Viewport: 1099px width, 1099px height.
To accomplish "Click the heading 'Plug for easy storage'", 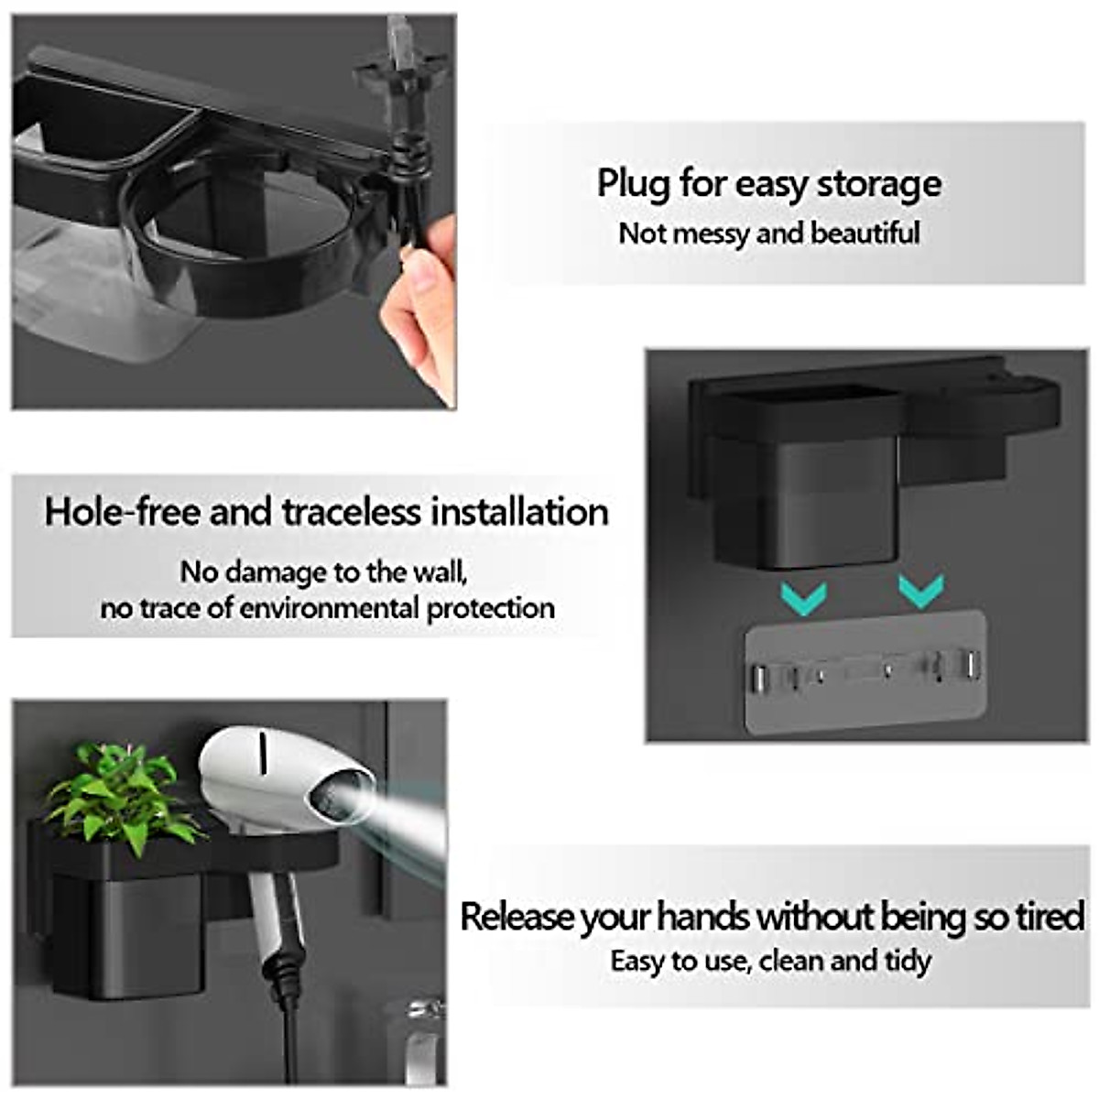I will [x=768, y=184].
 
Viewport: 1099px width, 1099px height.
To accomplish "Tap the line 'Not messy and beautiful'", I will [x=768, y=234].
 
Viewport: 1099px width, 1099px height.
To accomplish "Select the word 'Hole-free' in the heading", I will [x=122, y=511].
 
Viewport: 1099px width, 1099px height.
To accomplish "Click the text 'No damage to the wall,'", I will [x=324, y=572].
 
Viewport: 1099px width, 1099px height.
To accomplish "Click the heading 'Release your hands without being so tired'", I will [x=771, y=917].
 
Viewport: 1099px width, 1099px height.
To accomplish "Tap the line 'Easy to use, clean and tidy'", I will [x=770, y=961].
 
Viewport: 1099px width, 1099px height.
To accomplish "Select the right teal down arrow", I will [x=920, y=592].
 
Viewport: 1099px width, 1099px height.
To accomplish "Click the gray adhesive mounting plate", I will [x=865, y=673].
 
